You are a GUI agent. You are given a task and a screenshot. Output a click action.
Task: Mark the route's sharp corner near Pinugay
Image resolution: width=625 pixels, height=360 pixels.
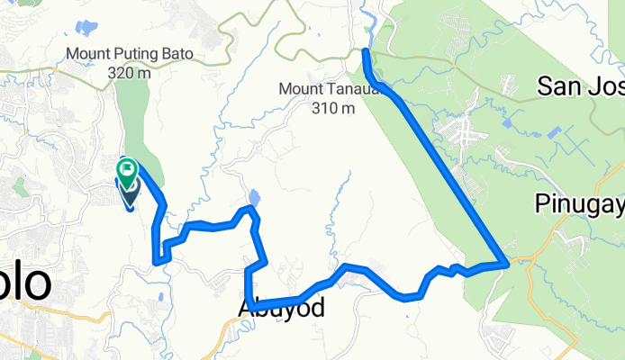(508, 262)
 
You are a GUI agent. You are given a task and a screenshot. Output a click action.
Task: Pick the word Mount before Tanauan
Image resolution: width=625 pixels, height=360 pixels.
(299, 89)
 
